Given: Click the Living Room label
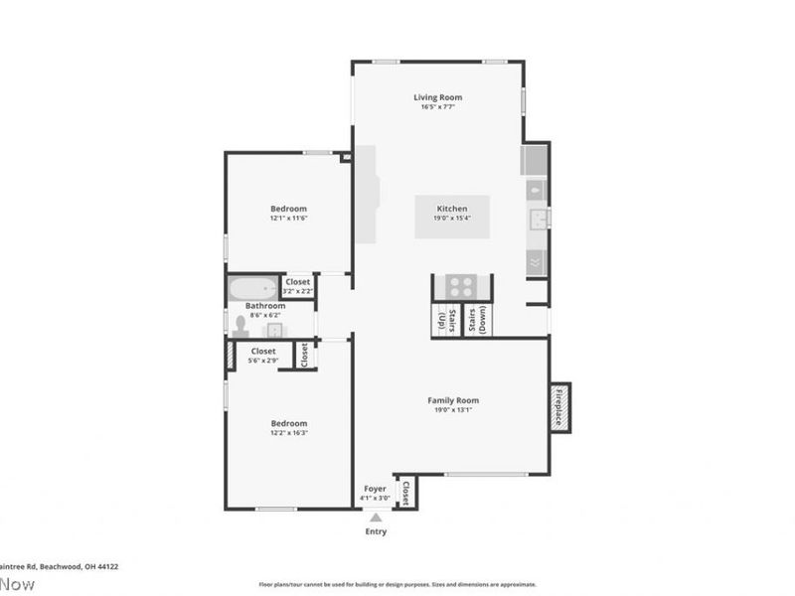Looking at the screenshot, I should point(438,97).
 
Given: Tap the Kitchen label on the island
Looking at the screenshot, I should point(452,209).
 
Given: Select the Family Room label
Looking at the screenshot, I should point(453,400).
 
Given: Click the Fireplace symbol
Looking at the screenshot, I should point(559,407).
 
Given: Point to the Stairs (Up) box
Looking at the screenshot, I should point(444,320).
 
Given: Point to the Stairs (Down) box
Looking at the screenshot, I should point(477,320).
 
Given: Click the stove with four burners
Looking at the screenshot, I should point(460,286).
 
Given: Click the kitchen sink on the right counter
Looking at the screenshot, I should point(538,218).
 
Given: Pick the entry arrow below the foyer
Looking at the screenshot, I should point(375,517).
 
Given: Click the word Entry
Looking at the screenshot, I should point(375,531).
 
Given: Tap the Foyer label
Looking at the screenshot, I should point(375,489).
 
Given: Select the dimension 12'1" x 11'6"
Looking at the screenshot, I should point(288,219).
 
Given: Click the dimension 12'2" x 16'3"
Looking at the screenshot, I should point(288,433).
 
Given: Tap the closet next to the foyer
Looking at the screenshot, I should point(405,492).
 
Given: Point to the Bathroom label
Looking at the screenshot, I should point(265,306).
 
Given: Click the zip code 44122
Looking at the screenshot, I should point(105,566).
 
